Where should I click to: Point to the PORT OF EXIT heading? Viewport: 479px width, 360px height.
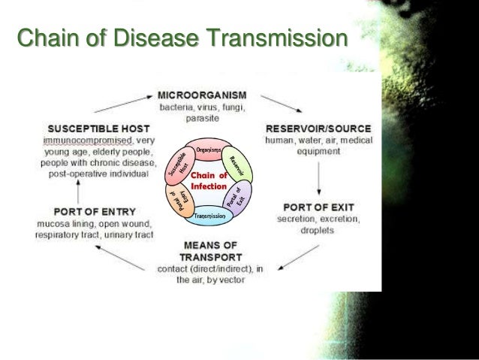(320, 205)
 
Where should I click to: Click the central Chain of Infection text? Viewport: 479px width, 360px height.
(209, 180)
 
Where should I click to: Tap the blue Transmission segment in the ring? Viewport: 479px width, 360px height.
(209, 216)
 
